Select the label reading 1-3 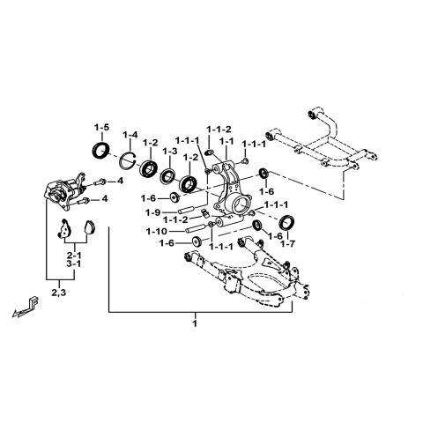pyautogui.click(x=170, y=152)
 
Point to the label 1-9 pyautogui.click(x=152, y=211)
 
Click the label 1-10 pyautogui.click(x=155, y=231)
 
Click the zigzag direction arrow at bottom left pyautogui.click(x=29, y=309)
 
